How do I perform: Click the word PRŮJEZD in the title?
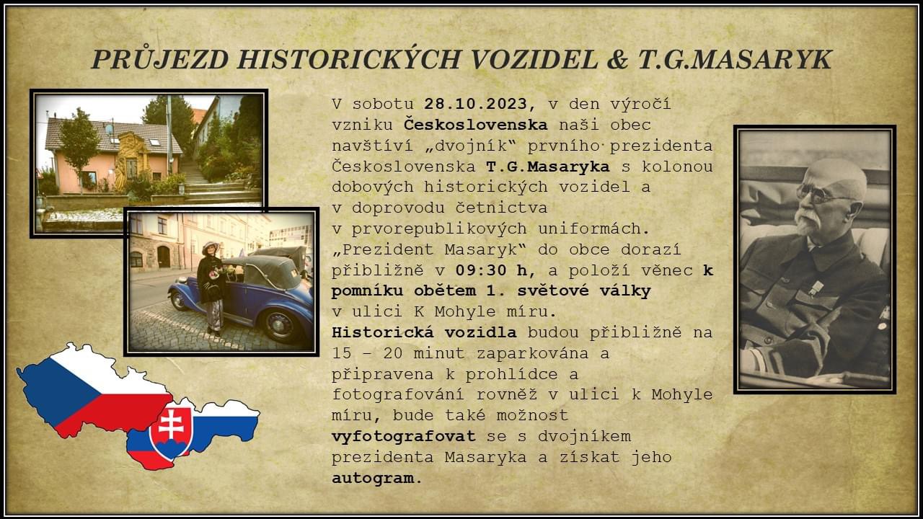(x=160, y=60)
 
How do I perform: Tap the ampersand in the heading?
(x=618, y=60)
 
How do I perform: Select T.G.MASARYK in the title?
(x=735, y=60)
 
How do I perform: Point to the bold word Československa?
(x=475, y=125)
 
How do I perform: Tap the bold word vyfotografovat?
(x=404, y=436)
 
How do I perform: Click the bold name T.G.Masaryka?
(x=547, y=167)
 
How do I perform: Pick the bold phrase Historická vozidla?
(x=424, y=332)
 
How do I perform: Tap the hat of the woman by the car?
(x=210, y=247)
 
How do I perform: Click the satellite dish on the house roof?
(x=110, y=130)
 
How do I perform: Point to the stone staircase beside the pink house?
(x=206, y=181)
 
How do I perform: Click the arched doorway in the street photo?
(x=164, y=256)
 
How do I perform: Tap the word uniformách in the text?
(x=594, y=229)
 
